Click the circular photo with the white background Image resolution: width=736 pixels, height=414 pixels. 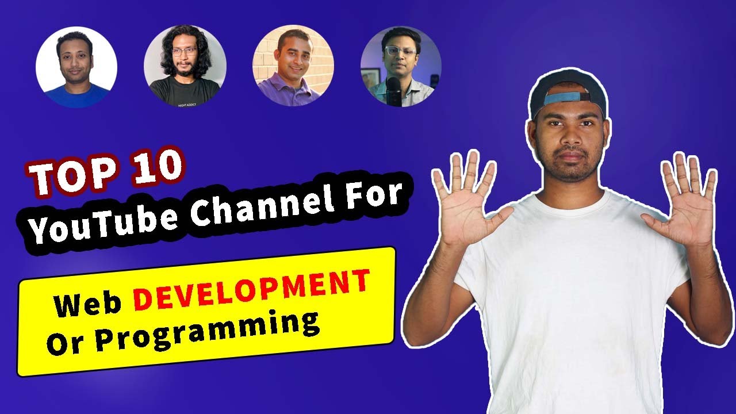[76, 67]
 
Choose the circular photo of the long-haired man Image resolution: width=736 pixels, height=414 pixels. [185, 66]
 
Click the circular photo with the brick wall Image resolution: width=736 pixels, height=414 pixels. [293, 66]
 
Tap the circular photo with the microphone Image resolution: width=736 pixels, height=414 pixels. [401, 66]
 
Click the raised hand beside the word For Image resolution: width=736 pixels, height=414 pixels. [469, 201]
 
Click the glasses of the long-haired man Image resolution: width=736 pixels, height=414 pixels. [184, 52]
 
